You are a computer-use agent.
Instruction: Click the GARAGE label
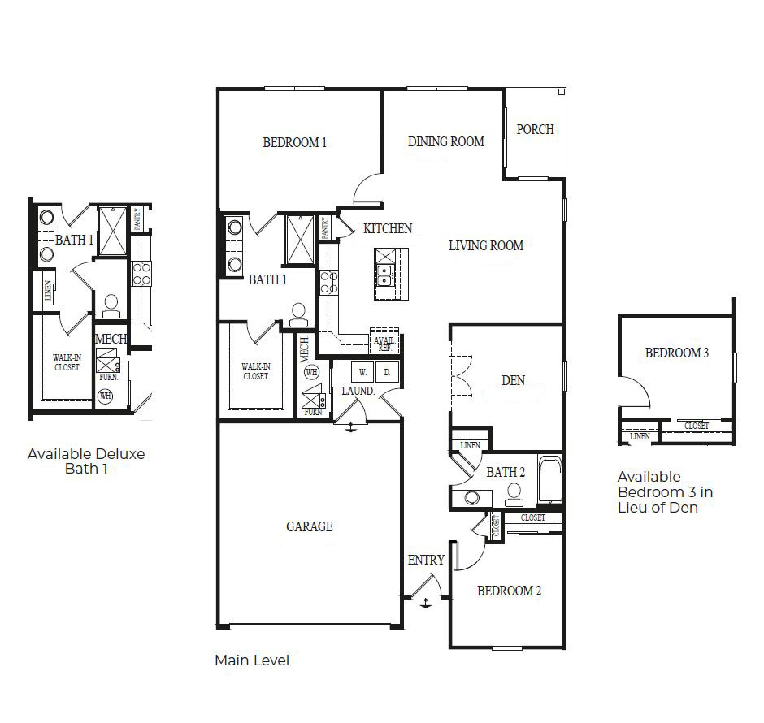(x=309, y=526)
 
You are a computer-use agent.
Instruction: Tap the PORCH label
(x=536, y=129)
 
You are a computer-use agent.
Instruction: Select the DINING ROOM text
(x=445, y=141)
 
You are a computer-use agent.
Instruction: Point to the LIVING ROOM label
(x=486, y=245)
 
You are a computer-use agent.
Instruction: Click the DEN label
(x=513, y=380)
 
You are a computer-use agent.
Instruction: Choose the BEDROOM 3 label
(x=677, y=353)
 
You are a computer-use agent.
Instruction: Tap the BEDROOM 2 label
(x=509, y=591)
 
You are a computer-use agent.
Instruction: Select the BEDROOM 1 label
(x=294, y=143)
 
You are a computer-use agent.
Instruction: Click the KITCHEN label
(x=388, y=229)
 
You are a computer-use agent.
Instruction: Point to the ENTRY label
(x=426, y=560)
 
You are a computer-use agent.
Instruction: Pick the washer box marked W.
(x=362, y=372)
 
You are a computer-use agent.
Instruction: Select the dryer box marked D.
(x=387, y=372)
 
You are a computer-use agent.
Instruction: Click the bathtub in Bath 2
(x=550, y=480)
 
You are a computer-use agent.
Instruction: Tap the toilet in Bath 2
(x=513, y=493)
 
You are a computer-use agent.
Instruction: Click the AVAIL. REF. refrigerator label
(x=383, y=344)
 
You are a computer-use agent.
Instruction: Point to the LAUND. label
(x=358, y=391)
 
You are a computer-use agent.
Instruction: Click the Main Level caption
(x=251, y=660)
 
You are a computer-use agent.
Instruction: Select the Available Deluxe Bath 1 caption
(x=86, y=461)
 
